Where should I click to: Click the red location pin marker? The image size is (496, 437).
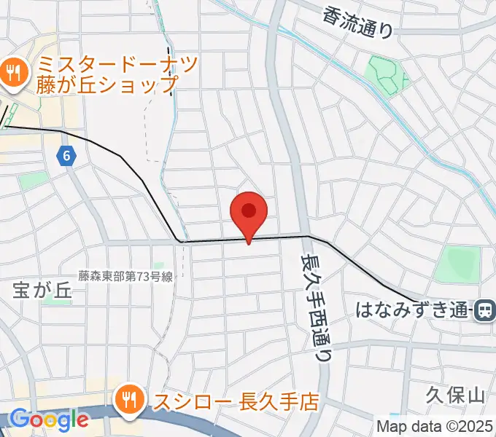point(249,213)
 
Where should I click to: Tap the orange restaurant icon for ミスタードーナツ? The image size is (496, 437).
point(13,71)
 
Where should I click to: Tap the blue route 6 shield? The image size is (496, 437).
point(67,154)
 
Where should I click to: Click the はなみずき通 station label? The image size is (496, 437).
point(411,311)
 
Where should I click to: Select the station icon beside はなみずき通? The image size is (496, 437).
point(484,311)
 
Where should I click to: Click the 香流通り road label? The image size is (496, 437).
point(357,21)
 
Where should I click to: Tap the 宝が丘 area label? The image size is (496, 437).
point(43,289)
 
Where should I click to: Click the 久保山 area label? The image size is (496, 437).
point(456,395)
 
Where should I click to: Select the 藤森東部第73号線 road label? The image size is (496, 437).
point(125,276)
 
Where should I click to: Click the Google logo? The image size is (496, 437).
point(49,420)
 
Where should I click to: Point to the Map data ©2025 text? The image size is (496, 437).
point(435,426)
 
